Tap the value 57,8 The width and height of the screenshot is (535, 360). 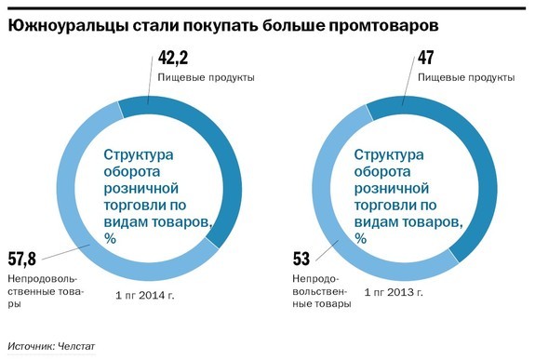point(23,258)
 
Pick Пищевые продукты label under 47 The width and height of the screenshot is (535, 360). point(465,78)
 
